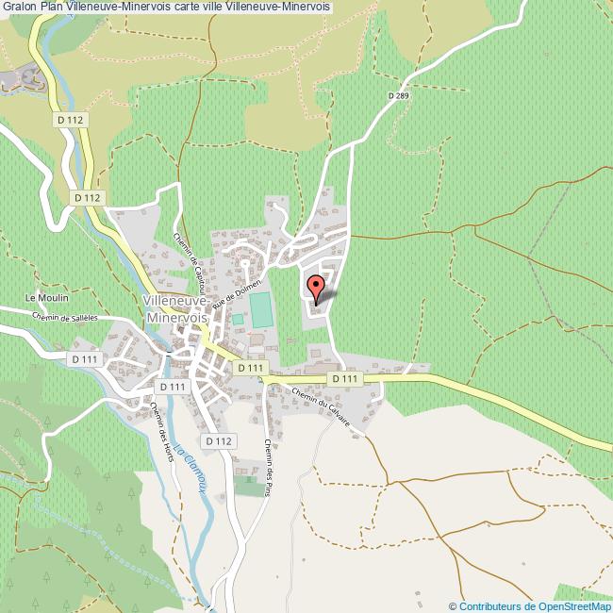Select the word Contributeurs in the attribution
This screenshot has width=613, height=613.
(x=489, y=605)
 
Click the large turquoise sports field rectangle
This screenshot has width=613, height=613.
(x=260, y=310)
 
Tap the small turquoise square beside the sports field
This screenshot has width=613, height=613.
(x=238, y=320)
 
